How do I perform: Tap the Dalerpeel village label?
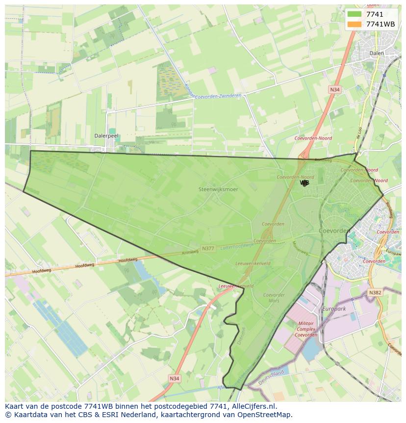pyautogui.click(x=106, y=136)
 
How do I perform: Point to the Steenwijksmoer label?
pyautogui.click(x=218, y=189)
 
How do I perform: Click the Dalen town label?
pyautogui.click(x=377, y=53)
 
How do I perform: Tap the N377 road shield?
pyautogui.click(x=208, y=249)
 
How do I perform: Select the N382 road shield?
pyautogui.click(x=375, y=292)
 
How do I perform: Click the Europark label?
pyautogui.click(x=334, y=309)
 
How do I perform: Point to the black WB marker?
pyautogui.click(x=304, y=183)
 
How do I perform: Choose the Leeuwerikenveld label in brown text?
pyautogui.click(x=253, y=264)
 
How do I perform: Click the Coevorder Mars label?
pyautogui.click(x=274, y=298)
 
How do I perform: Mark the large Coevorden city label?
pyautogui.click(x=334, y=230)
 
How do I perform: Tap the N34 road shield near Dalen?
pyautogui.click(x=334, y=89)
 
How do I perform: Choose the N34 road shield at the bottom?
pyautogui.click(x=174, y=378)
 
